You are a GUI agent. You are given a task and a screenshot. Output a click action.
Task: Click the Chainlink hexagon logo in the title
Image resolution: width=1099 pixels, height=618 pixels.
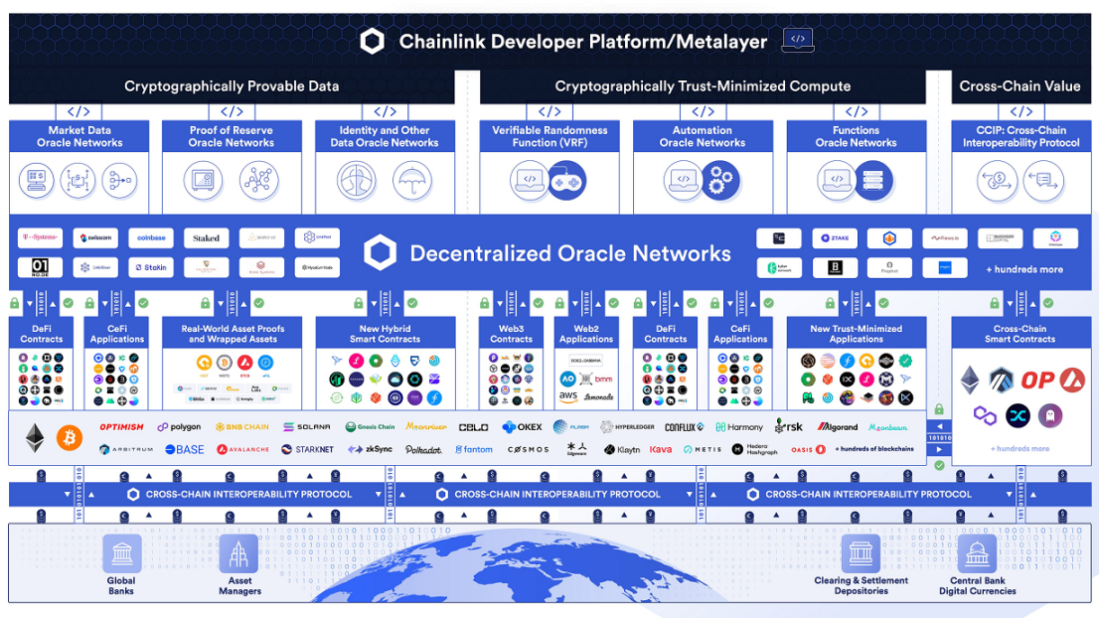click(x=373, y=41)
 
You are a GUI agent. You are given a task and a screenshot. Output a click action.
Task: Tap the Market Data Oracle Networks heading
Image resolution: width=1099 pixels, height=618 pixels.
click(x=79, y=136)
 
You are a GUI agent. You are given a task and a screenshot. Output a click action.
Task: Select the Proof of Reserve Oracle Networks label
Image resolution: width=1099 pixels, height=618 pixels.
click(x=231, y=136)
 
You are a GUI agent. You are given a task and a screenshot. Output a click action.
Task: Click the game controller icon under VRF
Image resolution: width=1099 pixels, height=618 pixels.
click(x=567, y=181)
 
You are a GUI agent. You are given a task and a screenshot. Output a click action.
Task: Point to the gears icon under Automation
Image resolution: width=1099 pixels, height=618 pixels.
click(x=720, y=181)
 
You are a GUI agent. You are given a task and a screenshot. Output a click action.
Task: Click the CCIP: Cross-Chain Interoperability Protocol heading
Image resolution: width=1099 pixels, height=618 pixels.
click(x=1020, y=136)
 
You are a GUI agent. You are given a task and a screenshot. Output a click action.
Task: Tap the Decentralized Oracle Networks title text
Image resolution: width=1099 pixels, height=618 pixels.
click(x=570, y=253)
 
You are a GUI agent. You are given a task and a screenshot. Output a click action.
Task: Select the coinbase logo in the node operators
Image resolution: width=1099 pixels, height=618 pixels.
click(x=151, y=237)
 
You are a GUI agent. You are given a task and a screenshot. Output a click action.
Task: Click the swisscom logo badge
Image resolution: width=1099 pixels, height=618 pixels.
click(x=96, y=237)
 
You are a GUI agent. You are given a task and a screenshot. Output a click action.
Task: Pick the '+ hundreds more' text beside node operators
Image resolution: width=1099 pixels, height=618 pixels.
click(x=1023, y=269)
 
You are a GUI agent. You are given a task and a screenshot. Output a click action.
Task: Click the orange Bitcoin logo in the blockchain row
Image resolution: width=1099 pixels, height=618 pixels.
click(x=70, y=437)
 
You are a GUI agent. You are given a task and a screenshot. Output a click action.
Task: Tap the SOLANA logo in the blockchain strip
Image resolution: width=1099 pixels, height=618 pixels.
click(x=307, y=427)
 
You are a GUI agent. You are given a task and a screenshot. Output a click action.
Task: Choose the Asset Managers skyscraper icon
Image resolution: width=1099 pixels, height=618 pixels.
click(x=238, y=553)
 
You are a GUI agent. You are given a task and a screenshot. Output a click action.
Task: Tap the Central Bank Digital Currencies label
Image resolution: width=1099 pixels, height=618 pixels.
click(x=978, y=586)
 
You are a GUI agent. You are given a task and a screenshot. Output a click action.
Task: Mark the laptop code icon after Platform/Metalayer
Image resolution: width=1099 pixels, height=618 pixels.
click(x=797, y=41)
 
